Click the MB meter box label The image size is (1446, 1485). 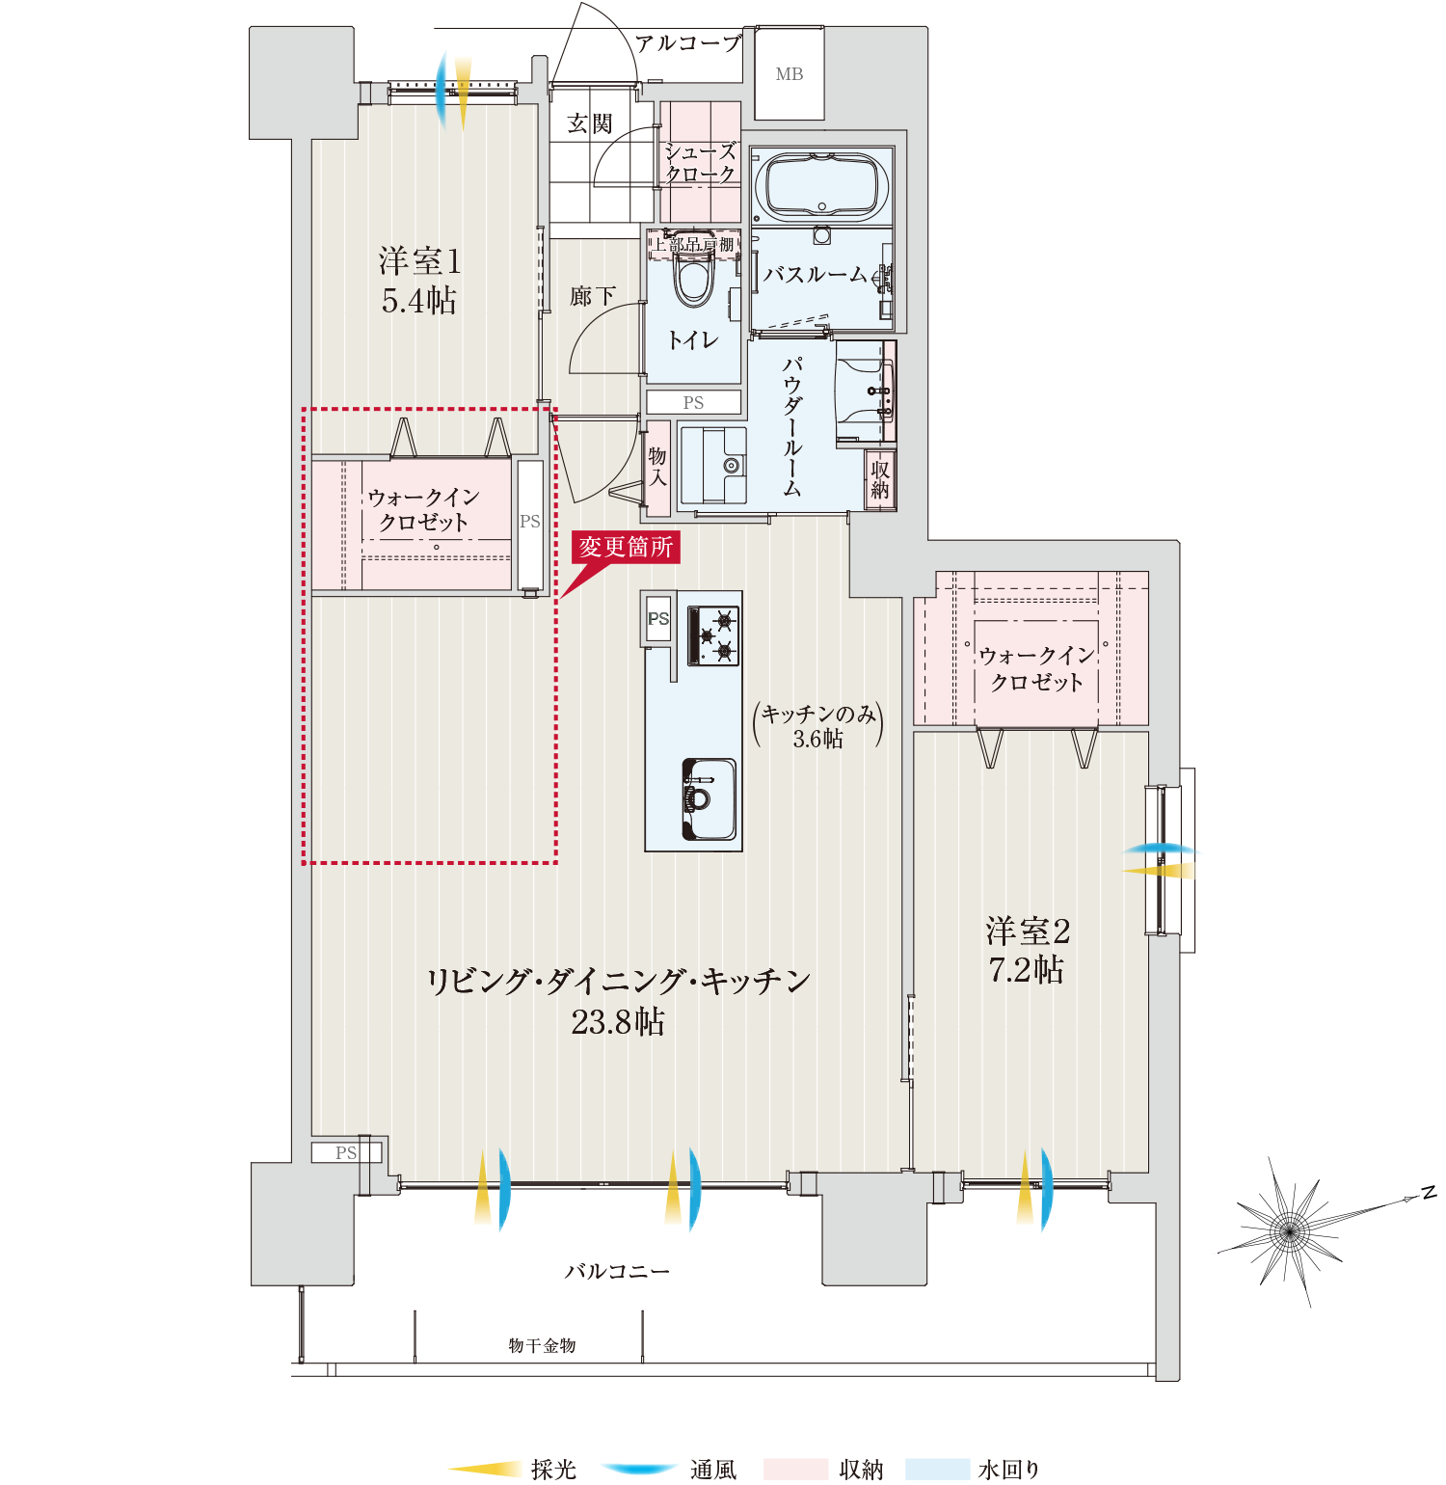(x=790, y=74)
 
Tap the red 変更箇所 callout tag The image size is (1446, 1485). (x=626, y=547)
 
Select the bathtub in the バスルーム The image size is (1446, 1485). (x=822, y=187)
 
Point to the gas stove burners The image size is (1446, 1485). (x=713, y=635)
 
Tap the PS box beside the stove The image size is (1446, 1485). (x=658, y=619)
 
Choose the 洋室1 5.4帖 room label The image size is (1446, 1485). (x=419, y=281)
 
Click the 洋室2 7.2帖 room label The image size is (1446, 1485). (x=1028, y=950)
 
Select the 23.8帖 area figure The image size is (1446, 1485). (x=618, y=1022)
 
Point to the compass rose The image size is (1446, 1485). (x=1290, y=1228)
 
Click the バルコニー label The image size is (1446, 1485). (x=617, y=1272)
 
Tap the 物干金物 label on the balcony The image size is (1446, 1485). (x=542, y=1345)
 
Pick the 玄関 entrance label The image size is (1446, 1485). (x=590, y=123)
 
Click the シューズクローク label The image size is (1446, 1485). (x=701, y=163)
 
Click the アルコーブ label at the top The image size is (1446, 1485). (x=688, y=43)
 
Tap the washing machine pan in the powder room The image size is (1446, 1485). (x=713, y=467)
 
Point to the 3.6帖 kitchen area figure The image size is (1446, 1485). (x=817, y=740)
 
